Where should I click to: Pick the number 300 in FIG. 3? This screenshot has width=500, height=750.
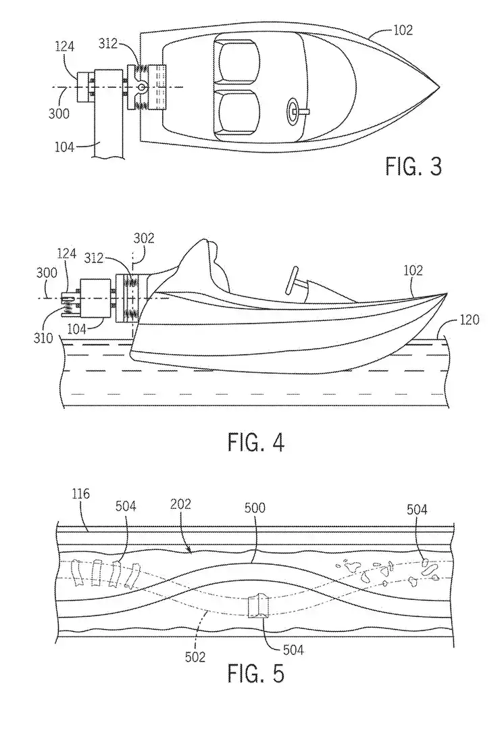(x=59, y=113)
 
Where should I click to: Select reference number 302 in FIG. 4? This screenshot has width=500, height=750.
(x=143, y=239)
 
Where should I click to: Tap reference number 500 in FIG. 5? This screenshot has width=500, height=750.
(x=257, y=505)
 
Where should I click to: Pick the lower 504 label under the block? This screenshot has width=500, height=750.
(x=291, y=650)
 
